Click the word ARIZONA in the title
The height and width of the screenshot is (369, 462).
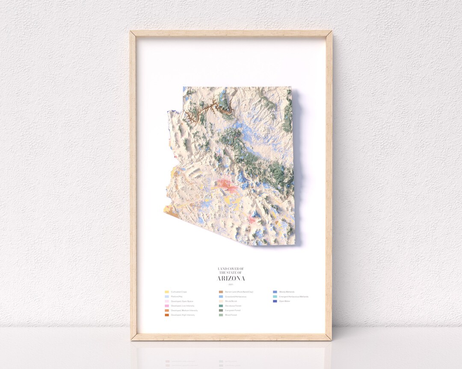[x=231, y=278]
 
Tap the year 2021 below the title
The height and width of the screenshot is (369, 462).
[x=231, y=284]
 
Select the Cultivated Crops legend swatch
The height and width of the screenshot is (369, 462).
[x=167, y=292]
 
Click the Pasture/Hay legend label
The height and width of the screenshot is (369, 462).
[x=176, y=296]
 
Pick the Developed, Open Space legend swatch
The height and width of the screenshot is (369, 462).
[x=167, y=301]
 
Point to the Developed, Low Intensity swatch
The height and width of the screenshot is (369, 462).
[x=167, y=306]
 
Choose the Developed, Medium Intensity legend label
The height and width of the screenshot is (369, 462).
[x=184, y=310]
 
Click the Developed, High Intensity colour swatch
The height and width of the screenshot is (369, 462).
[x=167, y=315]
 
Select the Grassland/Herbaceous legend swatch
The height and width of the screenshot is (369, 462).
[x=221, y=296]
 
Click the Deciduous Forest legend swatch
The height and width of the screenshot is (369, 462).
[x=221, y=306]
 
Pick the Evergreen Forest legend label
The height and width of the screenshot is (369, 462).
[x=233, y=310]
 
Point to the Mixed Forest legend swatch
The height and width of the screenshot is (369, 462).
[x=221, y=315]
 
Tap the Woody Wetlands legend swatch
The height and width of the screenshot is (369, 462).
[x=275, y=292]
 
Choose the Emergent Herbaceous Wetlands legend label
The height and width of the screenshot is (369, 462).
[x=293, y=296]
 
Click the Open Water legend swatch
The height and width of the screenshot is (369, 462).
[x=275, y=301]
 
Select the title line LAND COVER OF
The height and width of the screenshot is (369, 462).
[x=231, y=269]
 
